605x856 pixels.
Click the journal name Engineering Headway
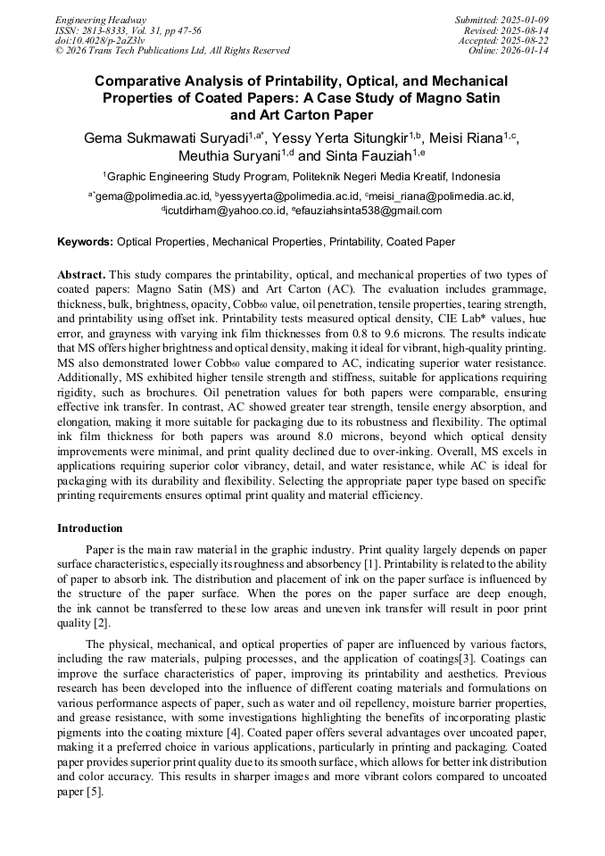coord(101,20)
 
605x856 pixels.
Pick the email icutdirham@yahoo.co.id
coord(221,212)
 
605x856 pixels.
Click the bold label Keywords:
coord(86,242)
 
